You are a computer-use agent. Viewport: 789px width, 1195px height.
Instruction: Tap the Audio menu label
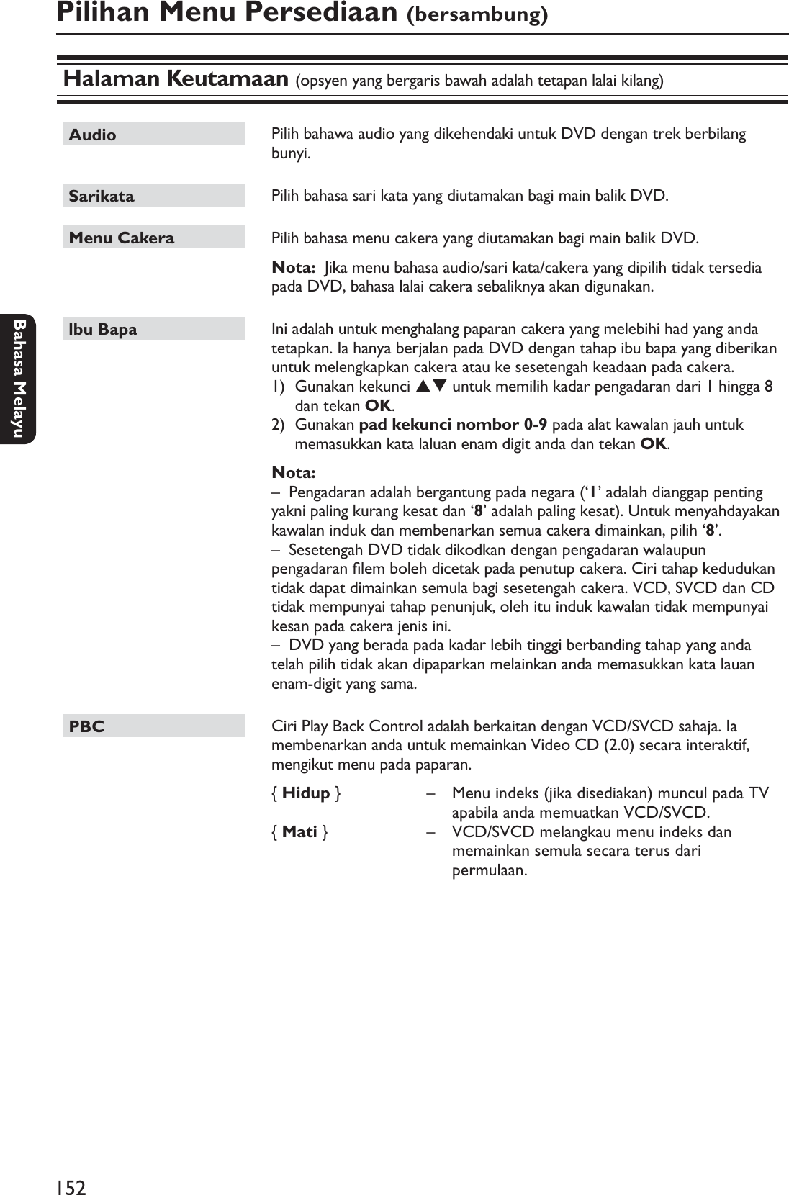click(93, 135)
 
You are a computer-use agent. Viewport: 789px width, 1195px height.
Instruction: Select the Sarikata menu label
click(102, 196)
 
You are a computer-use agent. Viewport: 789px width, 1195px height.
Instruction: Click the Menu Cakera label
click(122, 238)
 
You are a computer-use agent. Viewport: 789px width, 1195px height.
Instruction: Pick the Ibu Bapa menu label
click(103, 330)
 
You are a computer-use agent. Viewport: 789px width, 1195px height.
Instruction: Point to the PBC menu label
click(86, 726)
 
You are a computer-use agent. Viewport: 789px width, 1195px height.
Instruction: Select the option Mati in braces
click(299, 832)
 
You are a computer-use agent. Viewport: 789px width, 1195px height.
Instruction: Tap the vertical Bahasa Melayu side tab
click(17, 379)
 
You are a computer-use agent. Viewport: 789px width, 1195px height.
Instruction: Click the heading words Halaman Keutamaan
click(176, 78)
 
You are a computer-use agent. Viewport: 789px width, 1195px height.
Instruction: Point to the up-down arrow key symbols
click(431, 387)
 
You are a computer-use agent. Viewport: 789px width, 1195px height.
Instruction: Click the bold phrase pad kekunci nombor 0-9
click(452, 425)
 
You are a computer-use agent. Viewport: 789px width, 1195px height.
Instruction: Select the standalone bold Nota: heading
click(293, 473)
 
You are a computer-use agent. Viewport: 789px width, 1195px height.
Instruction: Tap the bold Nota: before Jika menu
click(293, 268)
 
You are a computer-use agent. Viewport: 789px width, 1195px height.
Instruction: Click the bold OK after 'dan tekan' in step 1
click(379, 405)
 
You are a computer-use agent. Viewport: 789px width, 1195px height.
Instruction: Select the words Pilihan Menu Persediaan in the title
click(227, 13)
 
